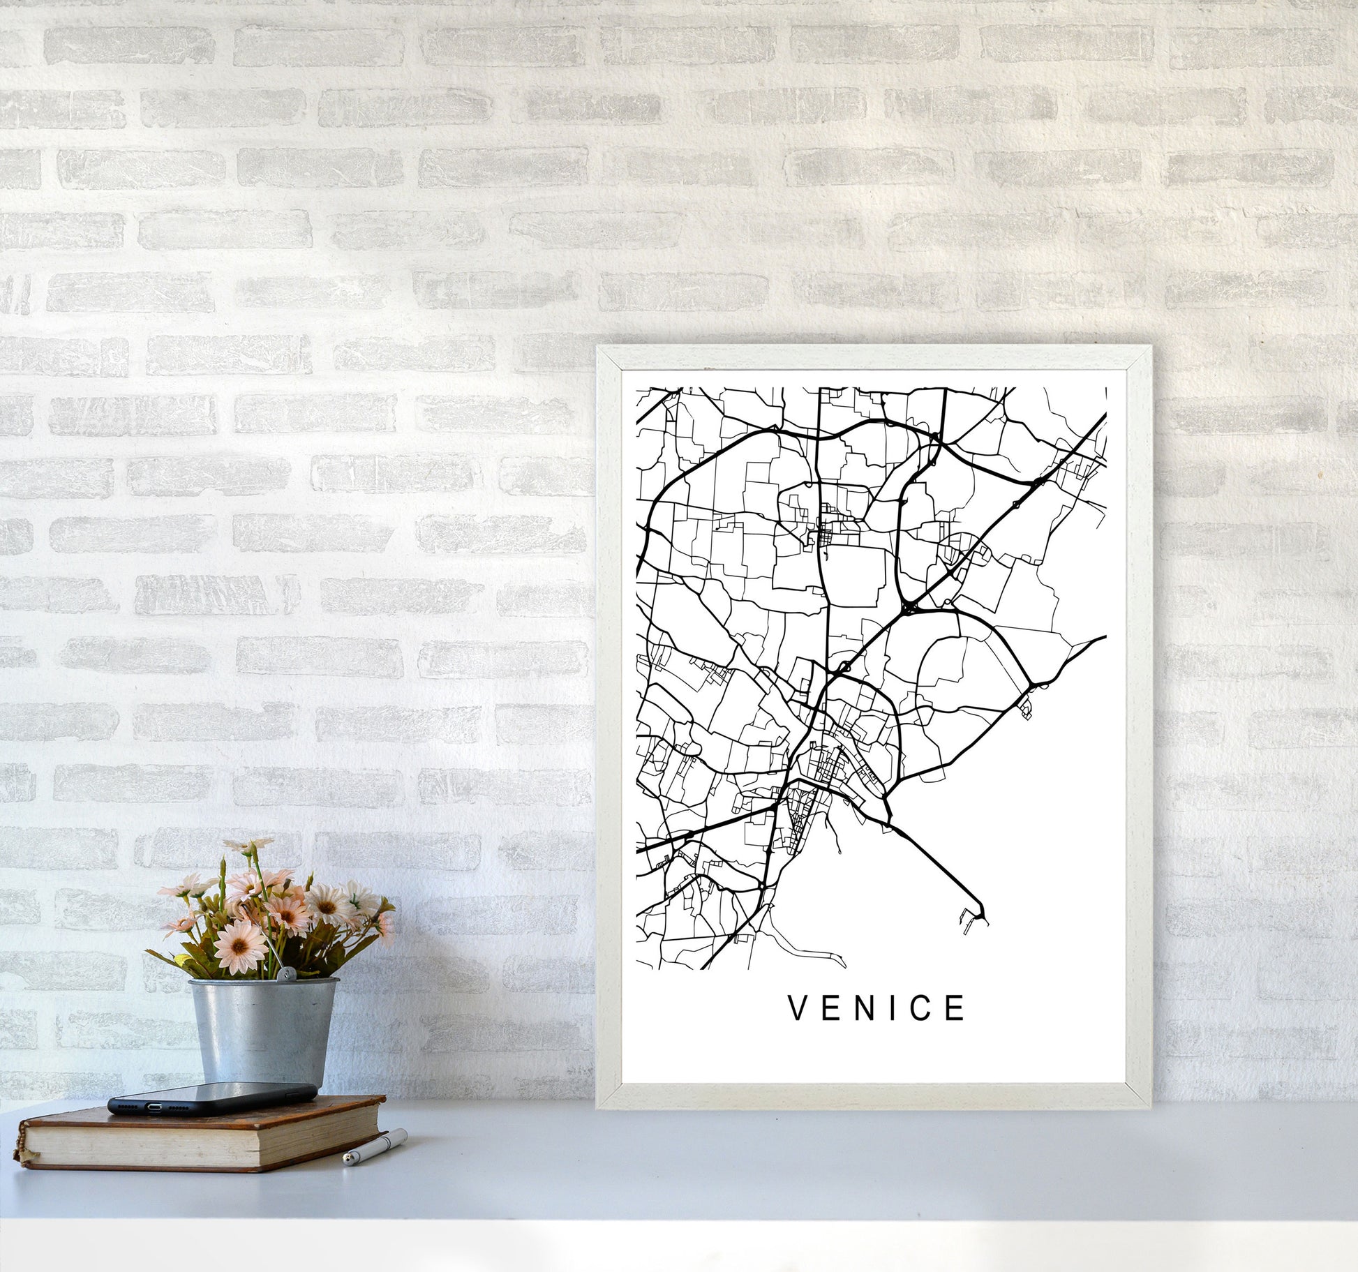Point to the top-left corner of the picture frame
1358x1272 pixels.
599,348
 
